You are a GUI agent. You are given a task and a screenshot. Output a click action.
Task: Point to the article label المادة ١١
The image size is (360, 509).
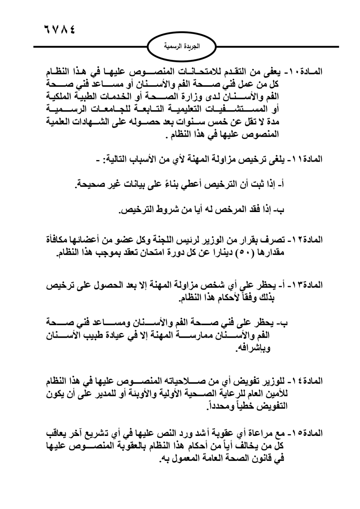pos(305,159)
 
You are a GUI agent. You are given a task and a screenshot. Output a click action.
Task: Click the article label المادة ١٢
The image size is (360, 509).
pos(305,239)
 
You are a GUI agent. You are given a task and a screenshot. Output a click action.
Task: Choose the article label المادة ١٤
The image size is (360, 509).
pos(305,380)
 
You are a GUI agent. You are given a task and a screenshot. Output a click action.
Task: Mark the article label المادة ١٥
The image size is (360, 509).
pos(305,433)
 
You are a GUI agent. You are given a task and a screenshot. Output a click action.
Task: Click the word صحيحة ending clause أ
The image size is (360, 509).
pos(90,185)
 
